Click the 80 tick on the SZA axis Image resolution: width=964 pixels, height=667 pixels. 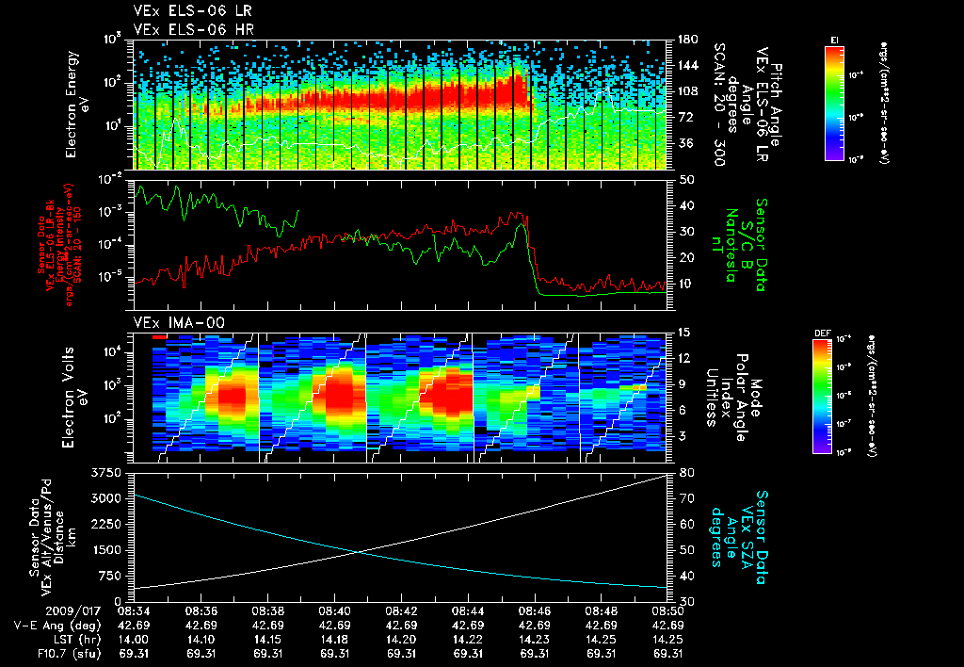tap(681, 472)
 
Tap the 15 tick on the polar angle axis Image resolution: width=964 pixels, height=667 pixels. tap(681, 332)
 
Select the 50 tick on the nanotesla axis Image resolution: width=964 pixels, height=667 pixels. tap(681, 178)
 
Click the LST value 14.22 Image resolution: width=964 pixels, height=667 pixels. tap(468, 638)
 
